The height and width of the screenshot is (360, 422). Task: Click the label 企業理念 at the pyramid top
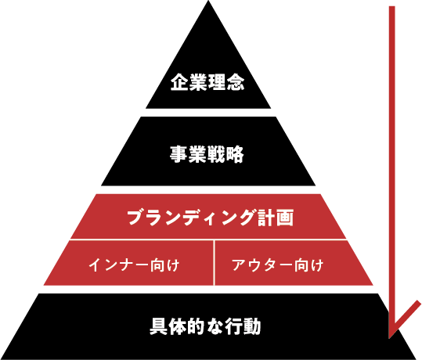(x=207, y=82)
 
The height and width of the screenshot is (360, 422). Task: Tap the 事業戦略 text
(x=207, y=154)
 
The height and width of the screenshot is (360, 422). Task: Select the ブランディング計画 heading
(x=210, y=218)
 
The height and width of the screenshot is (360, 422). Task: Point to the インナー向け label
(x=134, y=265)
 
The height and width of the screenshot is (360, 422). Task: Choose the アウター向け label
(x=277, y=265)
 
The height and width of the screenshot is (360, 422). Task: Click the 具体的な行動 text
(x=205, y=326)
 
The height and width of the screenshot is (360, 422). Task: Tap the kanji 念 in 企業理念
(x=236, y=82)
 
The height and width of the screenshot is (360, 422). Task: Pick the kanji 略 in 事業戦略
(x=235, y=154)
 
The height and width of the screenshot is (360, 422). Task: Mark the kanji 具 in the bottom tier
(x=159, y=326)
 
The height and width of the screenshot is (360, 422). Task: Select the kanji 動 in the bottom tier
(x=252, y=326)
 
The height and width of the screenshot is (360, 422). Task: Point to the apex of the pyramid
(x=208, y=1)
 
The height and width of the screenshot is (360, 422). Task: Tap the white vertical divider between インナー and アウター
(x=215, y=263)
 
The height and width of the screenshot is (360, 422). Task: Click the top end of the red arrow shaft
(x=391, y=6)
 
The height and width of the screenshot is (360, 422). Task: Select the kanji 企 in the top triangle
(x=179, y=82)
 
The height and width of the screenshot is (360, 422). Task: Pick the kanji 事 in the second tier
(x=179, y=154)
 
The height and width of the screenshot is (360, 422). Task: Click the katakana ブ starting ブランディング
(x=136, y=218)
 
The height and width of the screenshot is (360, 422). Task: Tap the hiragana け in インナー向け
(x=172, y=265)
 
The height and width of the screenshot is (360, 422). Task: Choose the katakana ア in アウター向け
(x=240, y=265)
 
